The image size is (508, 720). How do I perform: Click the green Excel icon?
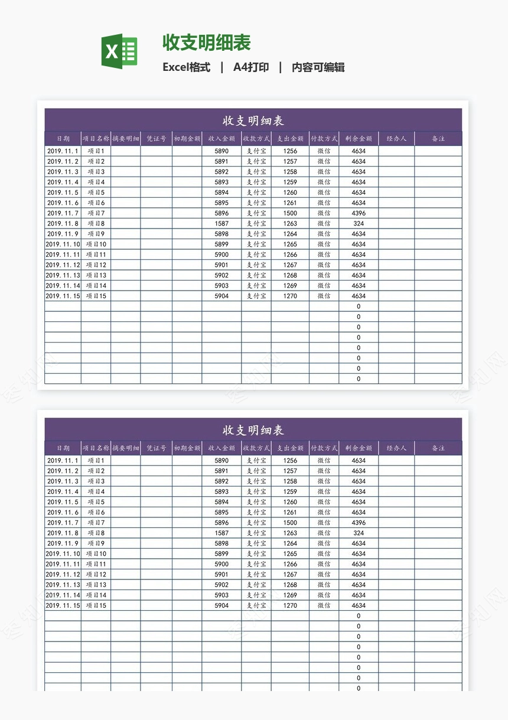pos(119,51)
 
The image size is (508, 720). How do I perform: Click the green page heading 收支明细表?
pos(207,43)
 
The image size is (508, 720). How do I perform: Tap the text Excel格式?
pos(186,67)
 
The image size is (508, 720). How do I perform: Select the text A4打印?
pos(251,67)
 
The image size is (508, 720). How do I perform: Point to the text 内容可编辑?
pos(318,67)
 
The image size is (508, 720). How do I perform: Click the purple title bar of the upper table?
pos(253,120)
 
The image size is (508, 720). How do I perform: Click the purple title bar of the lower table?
pos(253,430)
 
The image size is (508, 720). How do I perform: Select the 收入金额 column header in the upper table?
pos(222,139)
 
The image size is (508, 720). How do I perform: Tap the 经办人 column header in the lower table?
pos(396,448)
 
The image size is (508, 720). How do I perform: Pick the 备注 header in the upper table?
pos(438,139)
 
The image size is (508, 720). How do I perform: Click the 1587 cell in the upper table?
pos(222,224)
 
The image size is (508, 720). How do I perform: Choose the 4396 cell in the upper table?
pos(359,213)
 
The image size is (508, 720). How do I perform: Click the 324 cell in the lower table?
pos(359,533)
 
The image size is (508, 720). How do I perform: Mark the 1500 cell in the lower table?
pos(290,523)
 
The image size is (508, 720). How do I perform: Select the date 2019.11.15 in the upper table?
pos(63,296)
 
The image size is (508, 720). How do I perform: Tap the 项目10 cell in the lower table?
pos(96,554)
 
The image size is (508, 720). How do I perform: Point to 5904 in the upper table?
pos(222,296)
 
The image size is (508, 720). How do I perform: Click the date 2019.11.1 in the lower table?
pos(63,461)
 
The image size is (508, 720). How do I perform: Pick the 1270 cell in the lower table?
pos(290,605)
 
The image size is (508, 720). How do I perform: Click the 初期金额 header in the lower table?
pos(187,448)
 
